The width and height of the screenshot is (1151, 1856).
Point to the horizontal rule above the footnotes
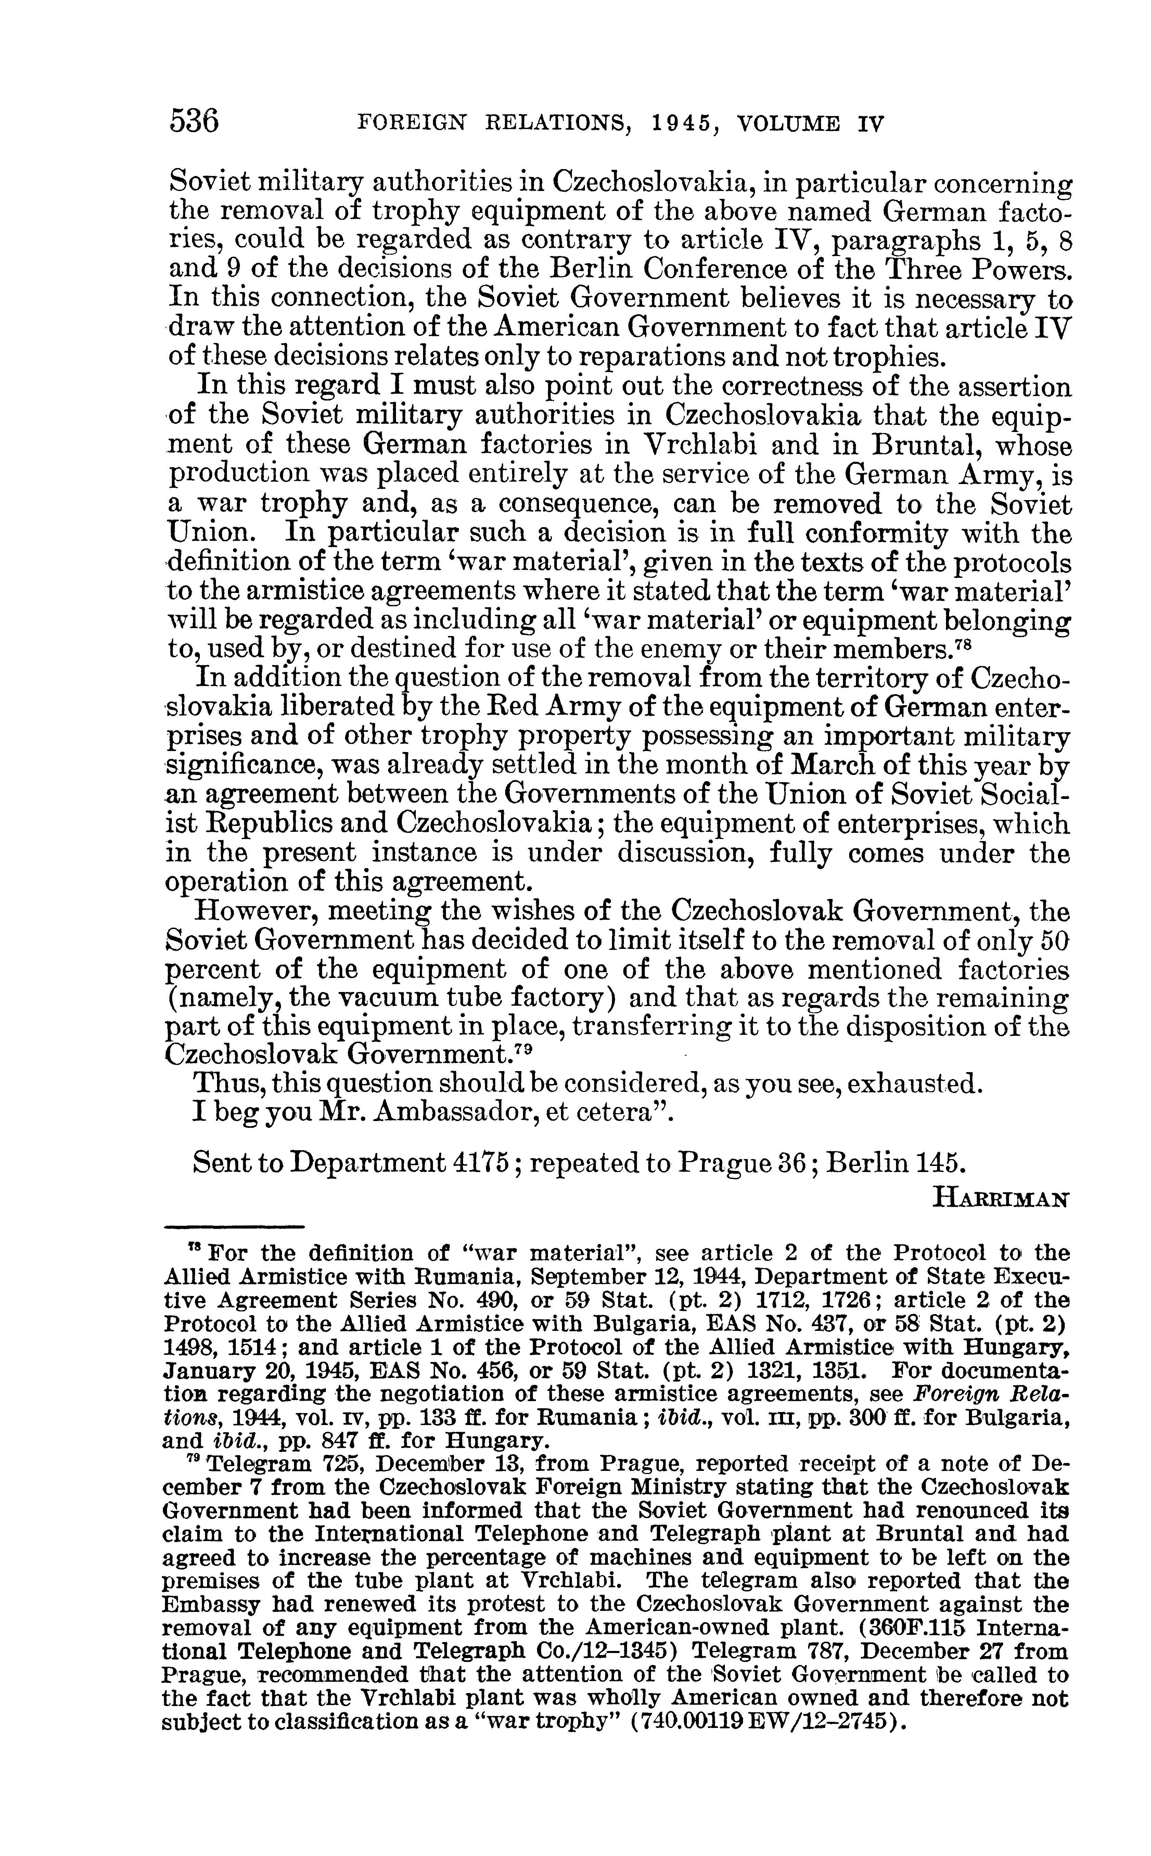pyautogui.click(x=234, y=1226)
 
